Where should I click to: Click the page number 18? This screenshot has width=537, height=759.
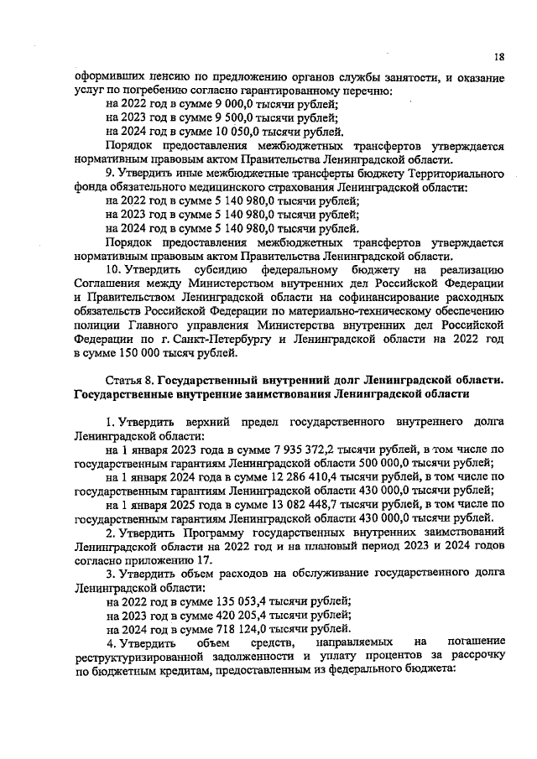498,56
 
